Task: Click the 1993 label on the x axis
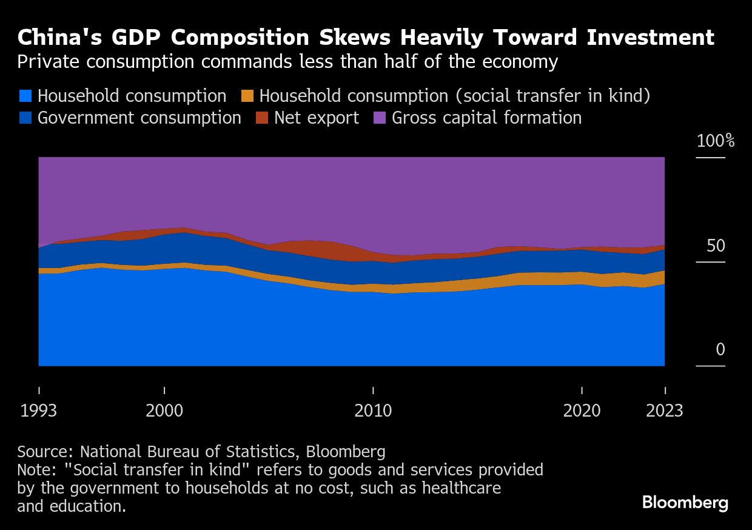39,411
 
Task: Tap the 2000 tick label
164,411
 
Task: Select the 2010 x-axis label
373,411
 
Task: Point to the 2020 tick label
582,411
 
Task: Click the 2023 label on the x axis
665,411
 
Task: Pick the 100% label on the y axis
716,141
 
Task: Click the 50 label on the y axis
716,246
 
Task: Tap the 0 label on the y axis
720,350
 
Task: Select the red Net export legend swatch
262,118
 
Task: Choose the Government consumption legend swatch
25,118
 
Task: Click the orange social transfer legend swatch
247,96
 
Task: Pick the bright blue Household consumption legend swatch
25,96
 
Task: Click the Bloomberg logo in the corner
685,503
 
